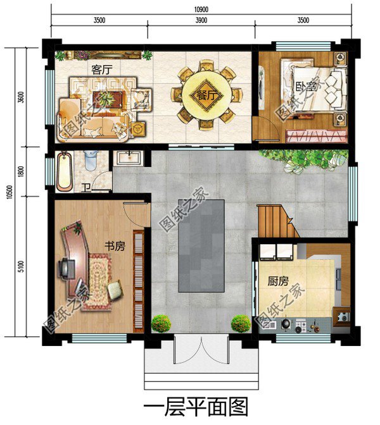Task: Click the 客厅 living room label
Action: [x=102, y=70]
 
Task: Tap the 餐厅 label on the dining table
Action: [x=207, y=95]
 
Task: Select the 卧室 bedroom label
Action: [x=307, y=88]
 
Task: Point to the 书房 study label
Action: [x=115, y=246]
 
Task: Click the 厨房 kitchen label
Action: [x=278, y=281]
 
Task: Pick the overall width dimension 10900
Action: [x=201, y=9]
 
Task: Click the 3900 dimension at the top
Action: [x=201, y=20]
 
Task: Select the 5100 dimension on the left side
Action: [x=21, y=267]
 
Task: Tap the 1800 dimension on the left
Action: [x=21, y=171]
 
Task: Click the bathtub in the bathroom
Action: [x=65, y=171]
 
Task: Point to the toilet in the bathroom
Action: [x=91, y=161]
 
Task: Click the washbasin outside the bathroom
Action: [x=129, y=158]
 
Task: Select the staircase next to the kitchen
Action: [x=277, y=221]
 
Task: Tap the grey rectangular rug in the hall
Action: [x=201, y=246]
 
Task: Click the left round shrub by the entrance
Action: [x=161, y=323]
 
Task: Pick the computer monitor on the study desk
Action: [x=66, y=268]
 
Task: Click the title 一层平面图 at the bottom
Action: [x=196, y=408]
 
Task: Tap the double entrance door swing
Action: [x=201, y=350]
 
